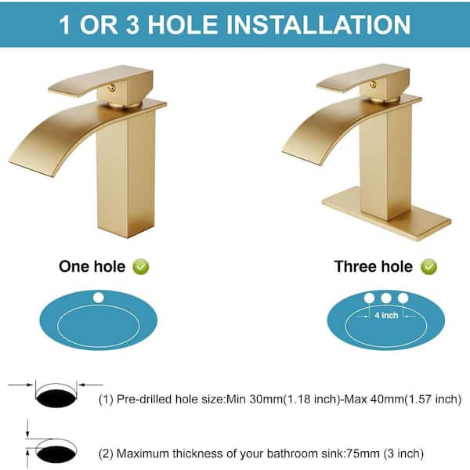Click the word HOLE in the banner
(183, 24)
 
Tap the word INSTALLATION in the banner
(318, 24)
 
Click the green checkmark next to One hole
(141, 267)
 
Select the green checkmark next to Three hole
(428, 267)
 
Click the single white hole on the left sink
(99, 298)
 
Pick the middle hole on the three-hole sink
(386, 298)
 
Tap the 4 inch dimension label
(386, 316)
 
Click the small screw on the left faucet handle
(112, 88)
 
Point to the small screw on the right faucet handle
(373, 85)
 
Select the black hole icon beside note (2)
(56, 454)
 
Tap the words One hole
(92, 267)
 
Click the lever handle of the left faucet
(101, 81)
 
